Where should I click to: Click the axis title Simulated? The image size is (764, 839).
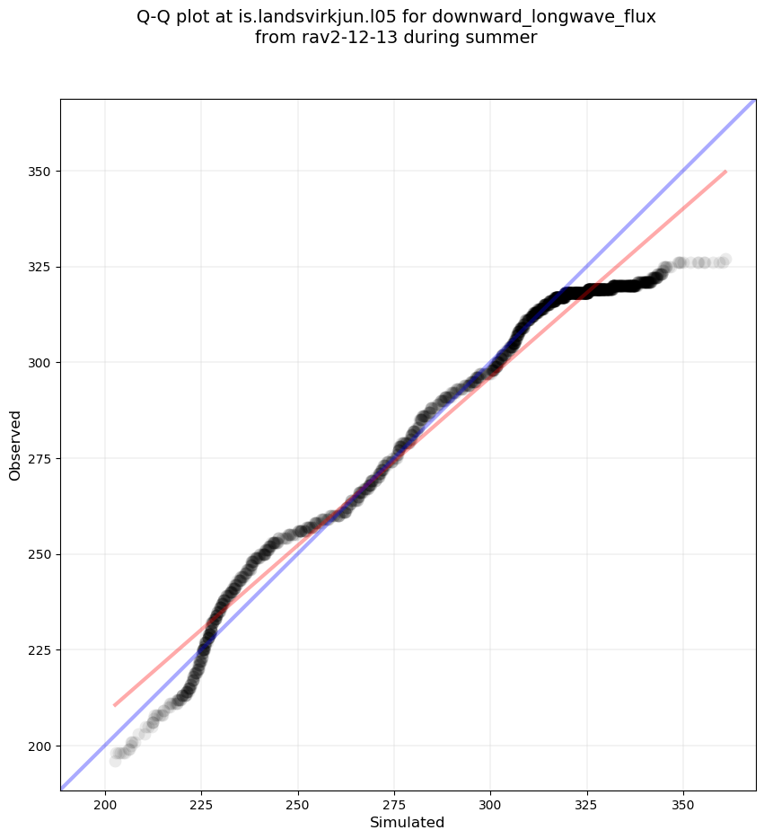(x=408, y=822)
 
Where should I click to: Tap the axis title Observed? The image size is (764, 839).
(x=15, y=445)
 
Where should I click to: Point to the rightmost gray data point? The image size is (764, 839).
(x=725, y=260)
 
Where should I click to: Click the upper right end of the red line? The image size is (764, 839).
(x=725, y=171)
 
